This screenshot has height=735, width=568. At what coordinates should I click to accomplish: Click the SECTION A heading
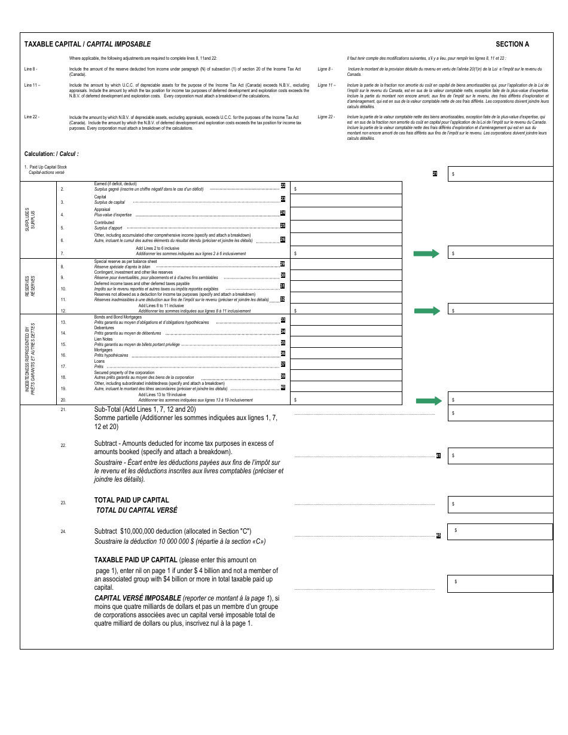tap(512, 44)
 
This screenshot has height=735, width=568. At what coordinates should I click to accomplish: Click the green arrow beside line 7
tap(426, 254)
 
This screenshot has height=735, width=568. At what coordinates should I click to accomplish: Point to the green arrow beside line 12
tap(426, 311)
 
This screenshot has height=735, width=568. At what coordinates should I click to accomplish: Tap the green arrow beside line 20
tap(428, 400)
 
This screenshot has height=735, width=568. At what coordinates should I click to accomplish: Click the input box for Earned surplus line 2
tap(346, 188)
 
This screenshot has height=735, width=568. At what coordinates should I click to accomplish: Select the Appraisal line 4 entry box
tap(346, 213)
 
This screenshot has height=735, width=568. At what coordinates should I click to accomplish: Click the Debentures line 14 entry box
tap(346, 330)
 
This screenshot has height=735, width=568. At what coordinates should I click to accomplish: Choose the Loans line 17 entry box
tap(346, 364)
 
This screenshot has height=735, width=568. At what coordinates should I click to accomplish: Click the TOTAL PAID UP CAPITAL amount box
tap(500, 504)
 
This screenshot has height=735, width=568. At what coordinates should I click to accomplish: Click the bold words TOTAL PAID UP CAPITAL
tap(132, 500)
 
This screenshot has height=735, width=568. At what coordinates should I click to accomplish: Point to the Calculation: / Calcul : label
tap(51, 154)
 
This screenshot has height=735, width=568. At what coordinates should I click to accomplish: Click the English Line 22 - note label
tap(32, 117)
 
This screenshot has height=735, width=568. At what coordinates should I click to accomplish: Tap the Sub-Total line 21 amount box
tap(500, 413)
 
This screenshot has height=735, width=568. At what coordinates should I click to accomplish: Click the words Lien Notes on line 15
tap(103, 339)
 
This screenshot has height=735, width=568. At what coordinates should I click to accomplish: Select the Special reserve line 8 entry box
tap(346, 264)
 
